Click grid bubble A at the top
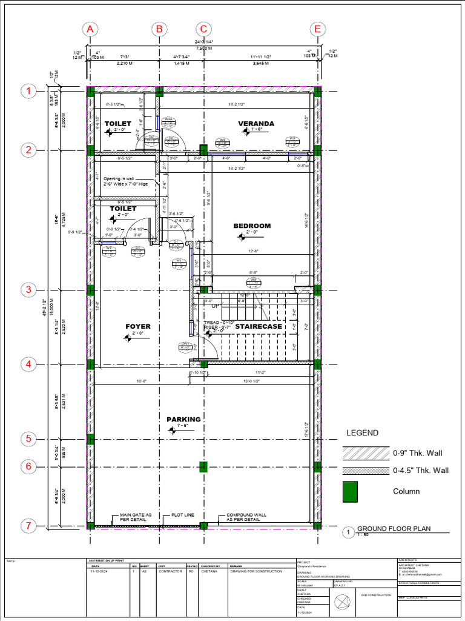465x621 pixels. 90,29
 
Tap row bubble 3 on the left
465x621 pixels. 28,290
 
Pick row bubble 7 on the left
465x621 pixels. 28,525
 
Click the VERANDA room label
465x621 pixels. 256,124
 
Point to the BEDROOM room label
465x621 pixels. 252,226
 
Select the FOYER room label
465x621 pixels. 138,327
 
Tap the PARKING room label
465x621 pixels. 183,420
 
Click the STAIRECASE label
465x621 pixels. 259,327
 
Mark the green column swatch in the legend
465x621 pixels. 351,491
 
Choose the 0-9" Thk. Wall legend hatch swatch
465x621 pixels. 365,453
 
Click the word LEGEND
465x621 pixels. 362,433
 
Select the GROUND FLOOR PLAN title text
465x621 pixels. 394,529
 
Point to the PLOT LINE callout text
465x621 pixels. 182,515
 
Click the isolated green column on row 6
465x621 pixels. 204,466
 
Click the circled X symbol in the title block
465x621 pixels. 343,602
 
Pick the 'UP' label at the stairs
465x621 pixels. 215,306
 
